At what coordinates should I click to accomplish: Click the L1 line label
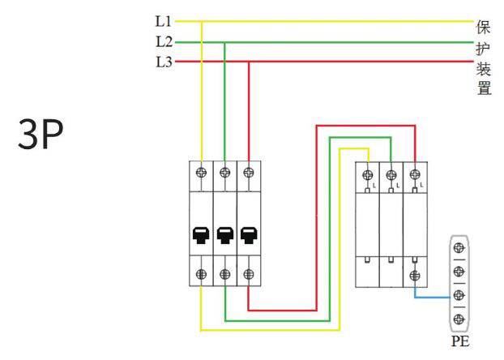(x=161, y=22)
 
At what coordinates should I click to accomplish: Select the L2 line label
(x=161, y=41)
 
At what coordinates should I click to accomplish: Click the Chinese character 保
(x=485, y=25)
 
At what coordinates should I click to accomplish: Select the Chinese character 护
(x=485, y=46)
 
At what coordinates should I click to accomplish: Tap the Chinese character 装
(x=485, y=67)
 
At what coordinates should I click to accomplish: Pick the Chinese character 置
(x=485, y=88)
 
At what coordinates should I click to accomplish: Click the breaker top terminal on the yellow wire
(x=201, y=171)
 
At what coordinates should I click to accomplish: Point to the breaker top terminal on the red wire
(x=248, y=171)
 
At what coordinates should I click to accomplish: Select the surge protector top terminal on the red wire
(x=415, y=174)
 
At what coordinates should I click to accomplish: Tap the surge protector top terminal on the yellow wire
(x=368, y=174)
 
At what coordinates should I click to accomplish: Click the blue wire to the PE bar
(x=429, y=297)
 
